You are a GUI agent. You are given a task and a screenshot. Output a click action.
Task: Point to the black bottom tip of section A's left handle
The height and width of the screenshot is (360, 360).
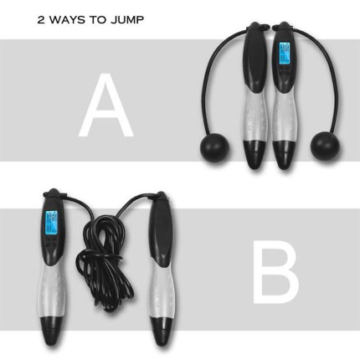click(x=253, y=153)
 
